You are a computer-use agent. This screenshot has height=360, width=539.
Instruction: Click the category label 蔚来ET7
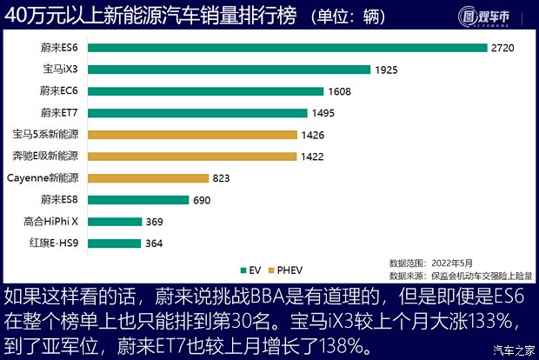(x=59, y=112)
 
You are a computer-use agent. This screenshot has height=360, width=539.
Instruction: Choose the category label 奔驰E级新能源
(x=45, y=156)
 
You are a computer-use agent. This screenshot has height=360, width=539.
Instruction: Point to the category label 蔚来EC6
(x=59, y=90)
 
